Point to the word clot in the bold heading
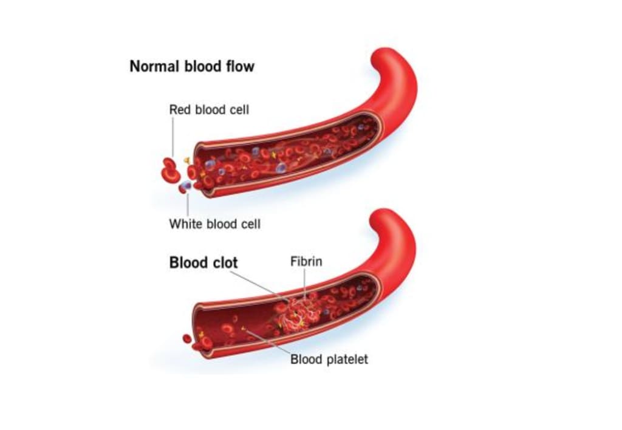coord(222,263)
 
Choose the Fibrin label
coord(306,262)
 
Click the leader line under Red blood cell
coord(173,137)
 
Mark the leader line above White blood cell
coord(187,203)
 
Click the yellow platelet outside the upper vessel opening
coord(187,160)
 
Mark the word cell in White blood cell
coord(250,224)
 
